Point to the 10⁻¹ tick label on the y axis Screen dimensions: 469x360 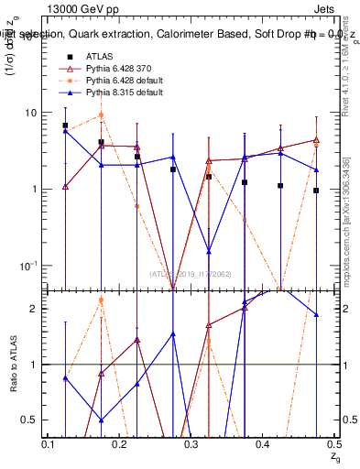[28, 266]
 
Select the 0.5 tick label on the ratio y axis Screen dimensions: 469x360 [31, 420]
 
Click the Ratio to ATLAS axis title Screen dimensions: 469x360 [15, 364]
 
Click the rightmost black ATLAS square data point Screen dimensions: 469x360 [316, 191]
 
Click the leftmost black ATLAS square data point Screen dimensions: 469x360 [65, 125]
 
